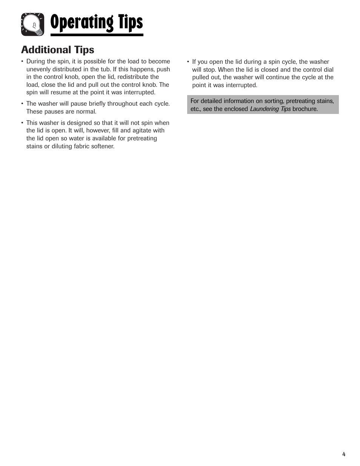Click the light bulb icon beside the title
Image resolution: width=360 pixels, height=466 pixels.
click(x=32, y=25)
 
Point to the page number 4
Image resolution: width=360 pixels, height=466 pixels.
click(x=344, y=454)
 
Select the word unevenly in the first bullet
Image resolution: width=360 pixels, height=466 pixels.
click(x=38, y=69)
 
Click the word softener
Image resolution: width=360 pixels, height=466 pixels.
click(x=102, y=146)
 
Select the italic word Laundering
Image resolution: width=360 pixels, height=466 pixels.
click(x=264, y=109)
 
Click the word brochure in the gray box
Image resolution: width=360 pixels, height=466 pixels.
click(x=305, y=109)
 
